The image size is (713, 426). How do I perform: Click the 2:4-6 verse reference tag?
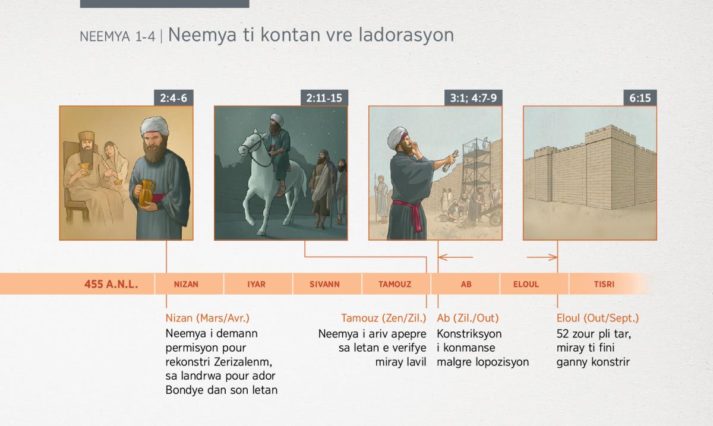tap(173, 98)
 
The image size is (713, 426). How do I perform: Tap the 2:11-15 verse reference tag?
tap(324, 98)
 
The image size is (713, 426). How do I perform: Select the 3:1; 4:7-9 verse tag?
tap(474, 98)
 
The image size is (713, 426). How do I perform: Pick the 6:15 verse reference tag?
tap(640, 98)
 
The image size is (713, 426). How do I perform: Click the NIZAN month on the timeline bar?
tap(186, 284)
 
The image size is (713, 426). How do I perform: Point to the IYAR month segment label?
tap(256, 284)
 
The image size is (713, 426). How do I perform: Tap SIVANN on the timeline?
tap(324, 284)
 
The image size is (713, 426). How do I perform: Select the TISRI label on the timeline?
tap(604, 284)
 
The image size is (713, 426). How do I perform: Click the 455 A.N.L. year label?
tap(111, 284)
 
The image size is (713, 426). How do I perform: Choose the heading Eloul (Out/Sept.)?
tap(598, 318)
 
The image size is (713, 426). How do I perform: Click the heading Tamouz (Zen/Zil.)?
tap(384, 318)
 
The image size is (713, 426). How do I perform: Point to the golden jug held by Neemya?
tap(146, 193)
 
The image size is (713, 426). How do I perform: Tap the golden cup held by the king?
tap(84, 168)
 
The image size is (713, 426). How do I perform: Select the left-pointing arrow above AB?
tap(456, 257)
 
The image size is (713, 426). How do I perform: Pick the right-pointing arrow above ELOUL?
tap(542, 257)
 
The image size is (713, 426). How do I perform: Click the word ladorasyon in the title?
tap(406, 34)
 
